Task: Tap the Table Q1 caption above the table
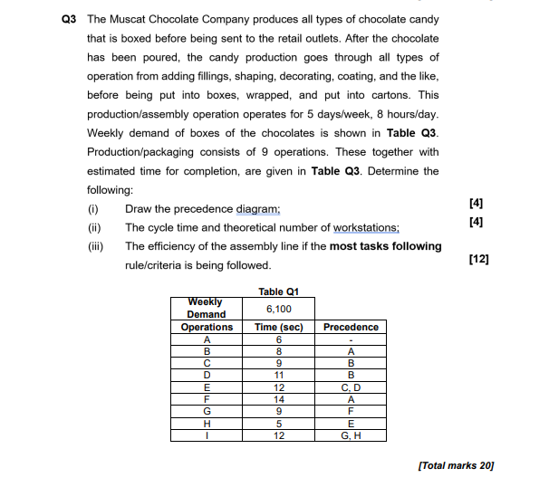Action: pyautogui.click(x=278, y=291)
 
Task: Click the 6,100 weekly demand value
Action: pyautogui.click(x=278, y=308)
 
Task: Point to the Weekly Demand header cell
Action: pyautogui.click(x=207, y=308)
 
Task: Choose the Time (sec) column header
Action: pyautogui.click(x=278, y=327)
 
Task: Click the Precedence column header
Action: pyautogui.click(x=350, y=327)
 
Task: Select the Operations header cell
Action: pyautogui.click(x=207, y=327)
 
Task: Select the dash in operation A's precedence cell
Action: pyautogui.click(x=350, y=339)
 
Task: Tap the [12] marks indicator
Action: pyautogui.click(x=480, y=260)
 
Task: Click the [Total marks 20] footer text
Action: pyautogui.click(x=457, y=464)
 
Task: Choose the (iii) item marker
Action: pyautogui.click(x=94, y=246)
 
